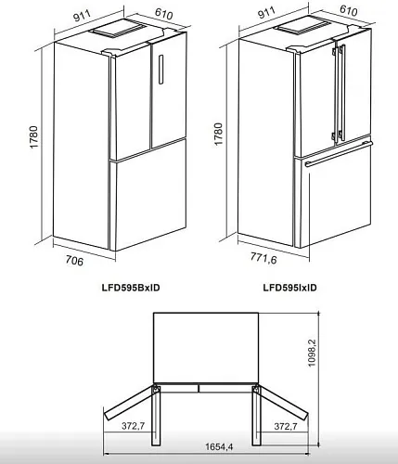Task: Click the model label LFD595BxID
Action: [131, 288]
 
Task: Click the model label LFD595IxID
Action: [289, 288]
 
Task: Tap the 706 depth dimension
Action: [74, 260]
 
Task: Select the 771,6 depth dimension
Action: [263, 257]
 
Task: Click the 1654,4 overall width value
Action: [219, 446]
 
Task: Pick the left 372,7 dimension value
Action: [133, 426]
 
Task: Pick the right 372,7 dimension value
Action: [286, 426]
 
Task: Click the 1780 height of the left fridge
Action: [33, 136]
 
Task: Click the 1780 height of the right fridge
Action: [218, 134]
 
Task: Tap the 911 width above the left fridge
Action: [83, 16]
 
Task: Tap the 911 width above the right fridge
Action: [266, 12]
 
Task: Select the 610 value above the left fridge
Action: [164, 14]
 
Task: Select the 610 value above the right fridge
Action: [349, 10]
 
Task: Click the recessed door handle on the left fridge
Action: [161, 70]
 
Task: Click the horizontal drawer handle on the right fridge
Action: [339, 153]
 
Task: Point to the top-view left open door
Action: [129, 403]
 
